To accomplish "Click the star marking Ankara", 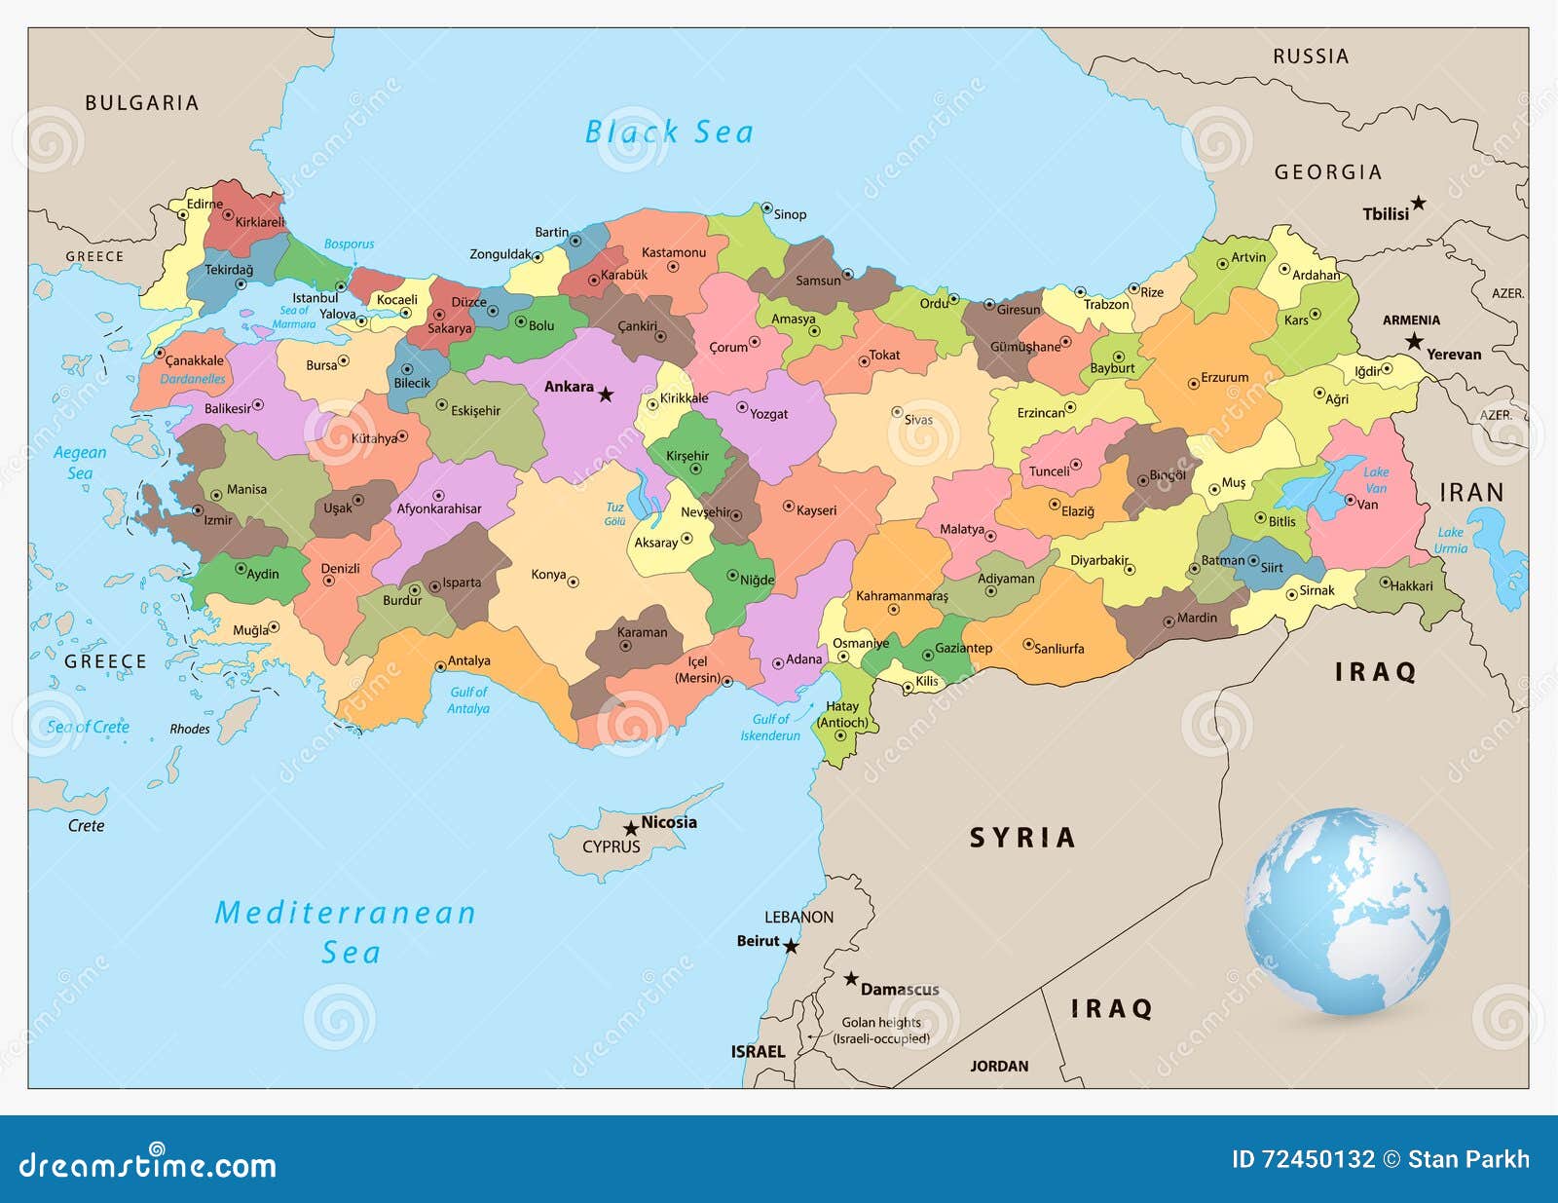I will pyautogui.click(x=606, y=395).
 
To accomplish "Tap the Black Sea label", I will pyautogui.click(x=669, y=132).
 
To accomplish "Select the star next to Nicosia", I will pyautogui.click(x=631, y=829).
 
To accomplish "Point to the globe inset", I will pyautogui.click(x=1348, y=912).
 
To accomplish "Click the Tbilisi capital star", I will pyautogui.click(x=1419, y=204).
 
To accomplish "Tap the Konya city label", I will pyautogui.click(x=548, y=575).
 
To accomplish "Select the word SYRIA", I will pyautogui.click(x=1022, y=838).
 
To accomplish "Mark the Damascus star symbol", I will pyautogui.click(x=851, y=978).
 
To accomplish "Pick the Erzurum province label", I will pyautogui.click(x=1224, y=377).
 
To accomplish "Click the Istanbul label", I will pyautogui.click(x=315, y=298).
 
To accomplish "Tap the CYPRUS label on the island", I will pyautogui.click(x=612, y=846).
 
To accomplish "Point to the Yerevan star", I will pyautogui.click(x=1414, y=342).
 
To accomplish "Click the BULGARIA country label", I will pyautogui.click(x=142, y=103).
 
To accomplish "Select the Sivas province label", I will pyautogui.click(x=918, y=420).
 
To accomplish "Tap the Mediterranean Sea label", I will pyautogui.click(x=346, y=931).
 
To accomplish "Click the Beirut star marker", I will pyautogui.click(x=791, y=946).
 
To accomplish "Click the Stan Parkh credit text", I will pyautogui.click(x=1468, y=1159).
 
